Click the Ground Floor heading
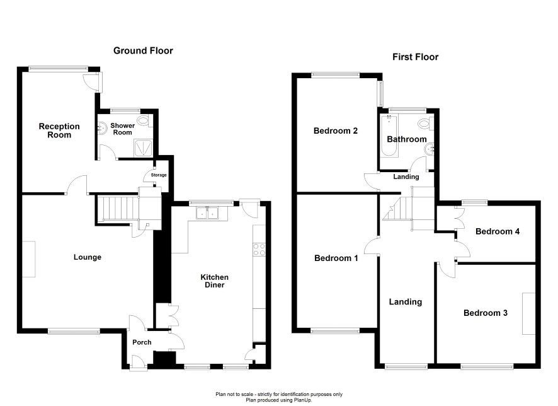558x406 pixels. [143, 50]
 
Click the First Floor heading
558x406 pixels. [415, 57]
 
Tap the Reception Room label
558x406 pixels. [59, 130]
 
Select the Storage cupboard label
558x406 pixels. [159, 175]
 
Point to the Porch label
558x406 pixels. [142, 342]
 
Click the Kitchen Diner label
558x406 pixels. [215, 281]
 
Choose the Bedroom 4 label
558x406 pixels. [498, 231]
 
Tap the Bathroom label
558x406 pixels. [407, 139]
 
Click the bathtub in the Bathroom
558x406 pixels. [389, 136]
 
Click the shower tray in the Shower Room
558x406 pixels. [143, 148]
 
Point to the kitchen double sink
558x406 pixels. [207, 213]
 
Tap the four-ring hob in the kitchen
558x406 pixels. [259, 249]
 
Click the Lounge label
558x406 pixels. [88, 257]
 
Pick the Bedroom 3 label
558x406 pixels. [486, 313]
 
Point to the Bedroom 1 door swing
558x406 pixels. [372, 246]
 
